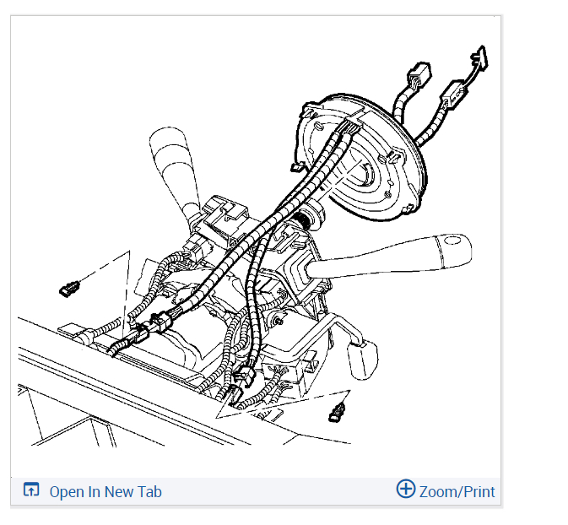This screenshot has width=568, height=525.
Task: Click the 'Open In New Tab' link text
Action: point(105,492)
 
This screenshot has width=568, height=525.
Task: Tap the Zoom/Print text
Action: point(457,491)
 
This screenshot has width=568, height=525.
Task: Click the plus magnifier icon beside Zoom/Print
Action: point(406,490)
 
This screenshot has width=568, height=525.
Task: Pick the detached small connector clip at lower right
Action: point(338,414)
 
